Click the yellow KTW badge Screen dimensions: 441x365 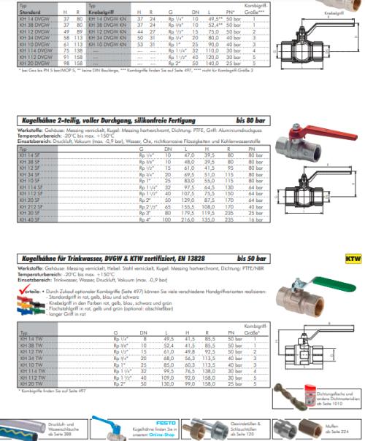point(353,258)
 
